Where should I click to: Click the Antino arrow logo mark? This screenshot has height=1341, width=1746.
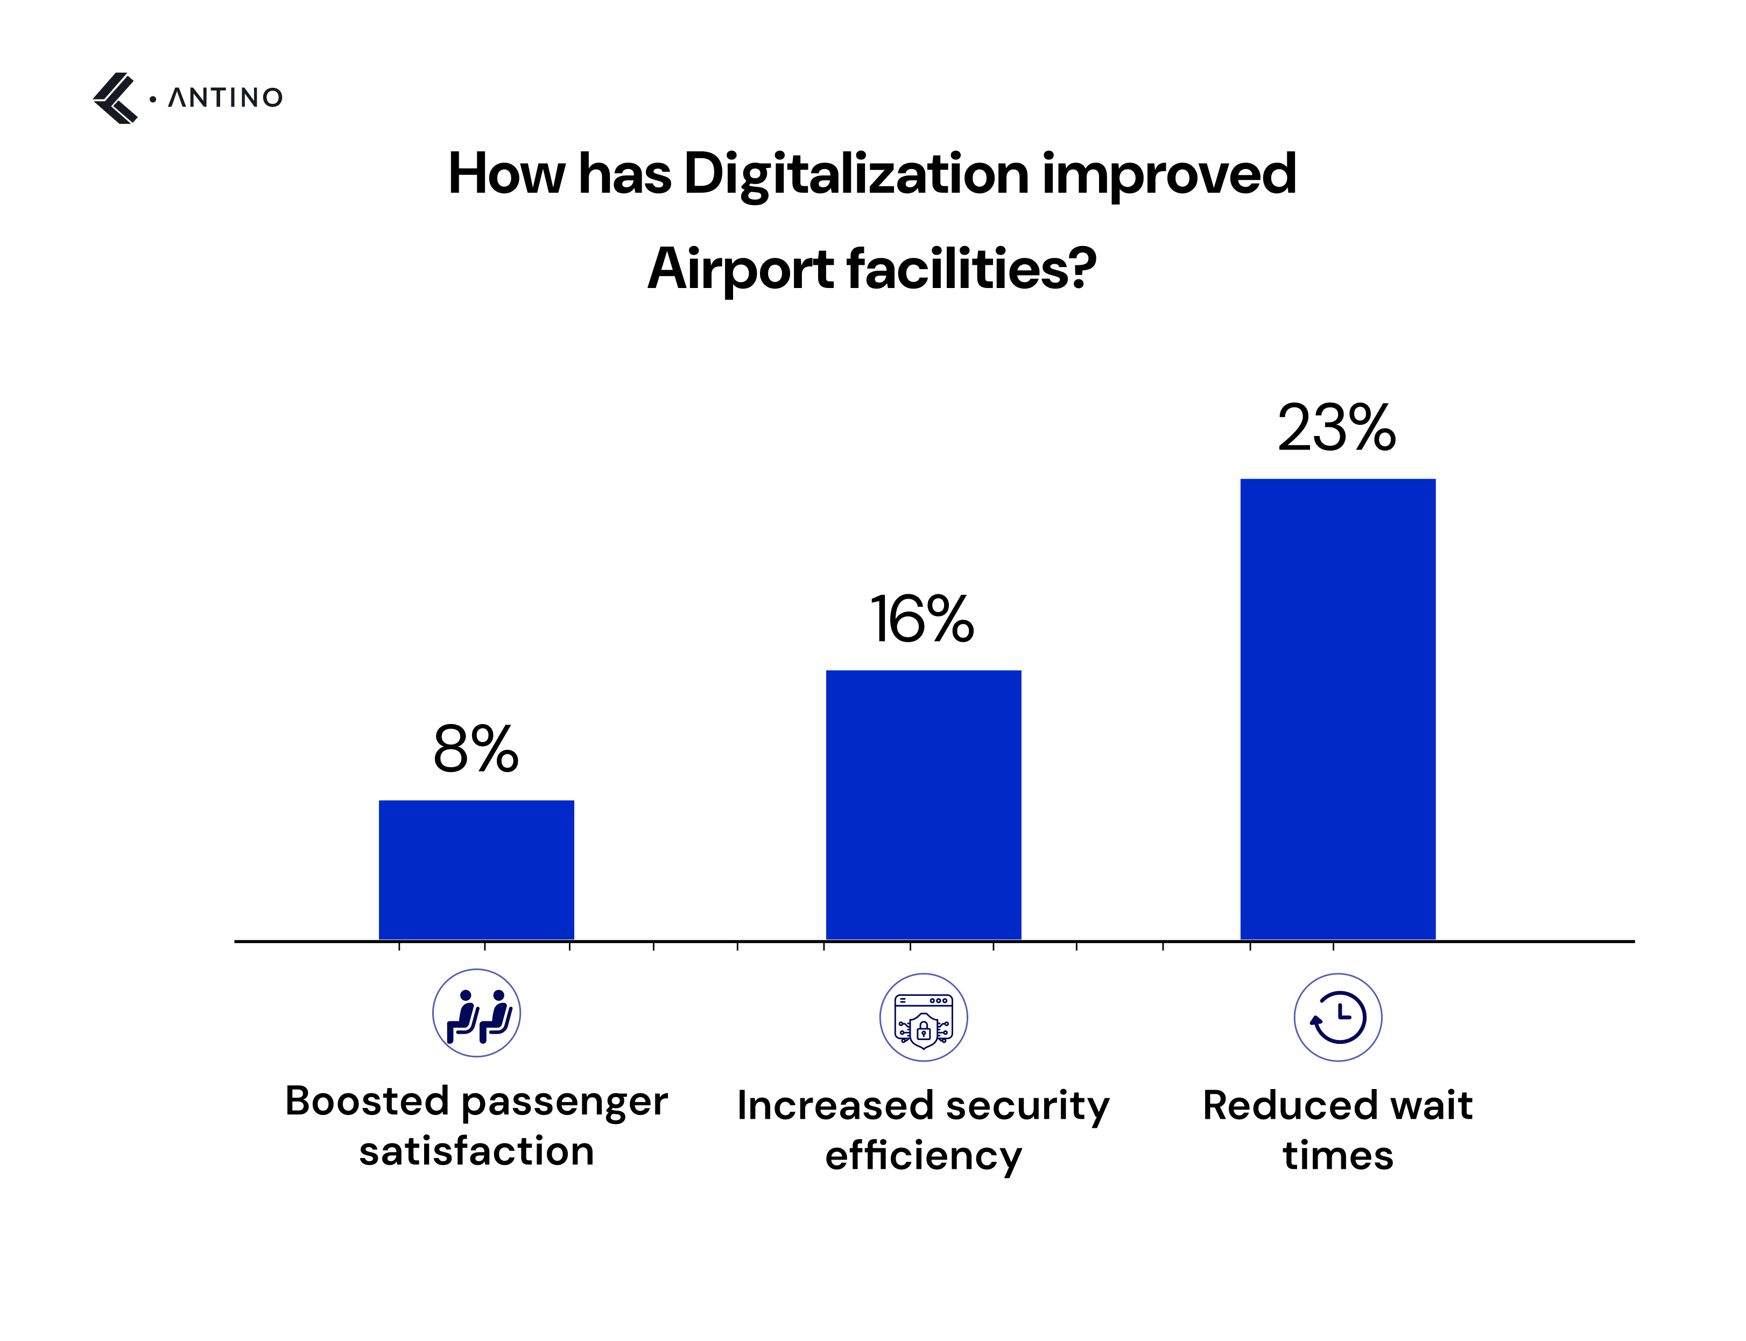click(x=115, y=98)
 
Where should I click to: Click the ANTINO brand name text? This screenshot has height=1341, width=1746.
click(x=224, y=98)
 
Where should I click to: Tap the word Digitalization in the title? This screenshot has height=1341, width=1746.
click(x=855, y=174)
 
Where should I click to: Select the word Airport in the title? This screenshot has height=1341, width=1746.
click(x=740, y=269)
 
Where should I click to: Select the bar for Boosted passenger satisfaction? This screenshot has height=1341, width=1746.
click(x=476, y=869)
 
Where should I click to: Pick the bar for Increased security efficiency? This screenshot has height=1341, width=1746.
click(x=923, y=805)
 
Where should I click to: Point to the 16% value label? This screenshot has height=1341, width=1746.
click(x=921, y=620)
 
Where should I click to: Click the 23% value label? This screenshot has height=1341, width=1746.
click(x=1336, y=429)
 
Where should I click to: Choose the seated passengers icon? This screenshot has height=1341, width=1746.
click(x=476, y=1013)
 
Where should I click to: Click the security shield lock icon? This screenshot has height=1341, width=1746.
click(x=923, y=1017)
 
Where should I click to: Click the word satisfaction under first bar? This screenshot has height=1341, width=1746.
click(x=476, y=1151)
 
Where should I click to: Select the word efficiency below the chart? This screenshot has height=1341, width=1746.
click(x=923, y=1156)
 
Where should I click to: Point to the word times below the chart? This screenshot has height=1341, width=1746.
click(x=1337, y=1155)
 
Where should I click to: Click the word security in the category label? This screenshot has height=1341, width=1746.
click(x=1027, y=1106)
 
